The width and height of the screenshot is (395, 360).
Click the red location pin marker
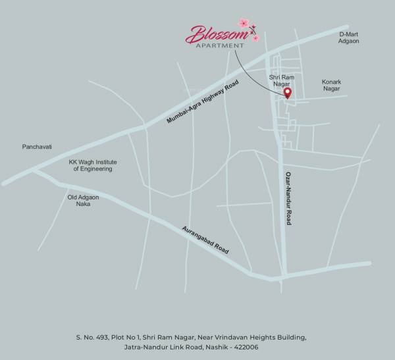point(287,93)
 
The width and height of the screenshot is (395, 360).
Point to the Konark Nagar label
point(332,86)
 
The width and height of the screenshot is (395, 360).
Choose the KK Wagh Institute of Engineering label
point(91,165)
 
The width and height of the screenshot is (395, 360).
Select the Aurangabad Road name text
point(205,240)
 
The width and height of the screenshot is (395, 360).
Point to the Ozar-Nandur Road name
point(288,199)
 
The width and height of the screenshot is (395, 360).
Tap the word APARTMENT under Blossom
point(218,46)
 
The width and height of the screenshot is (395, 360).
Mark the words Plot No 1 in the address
point(138,337)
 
